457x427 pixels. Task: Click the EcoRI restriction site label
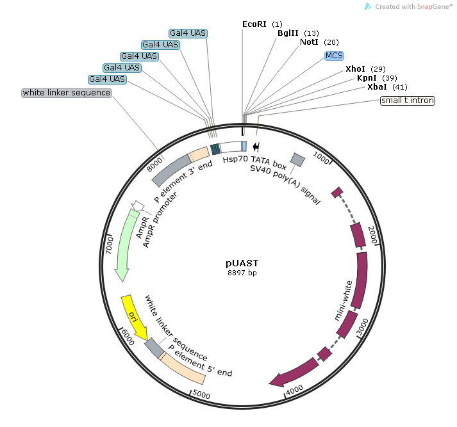(262, 24)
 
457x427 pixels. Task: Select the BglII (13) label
(298, 33)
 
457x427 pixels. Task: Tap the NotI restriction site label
(319, 42)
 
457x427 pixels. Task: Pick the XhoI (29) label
(365, 69)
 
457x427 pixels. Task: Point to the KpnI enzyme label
(377, 78)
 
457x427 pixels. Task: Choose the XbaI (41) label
(387, 87)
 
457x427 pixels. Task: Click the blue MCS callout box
(335, 56)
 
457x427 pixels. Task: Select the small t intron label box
(408, 101)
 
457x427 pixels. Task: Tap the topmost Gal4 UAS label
(188, 33)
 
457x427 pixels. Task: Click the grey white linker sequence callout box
(67, 93)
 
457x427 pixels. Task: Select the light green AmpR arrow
(125, 245)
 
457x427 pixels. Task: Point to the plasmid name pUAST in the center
(242, 263)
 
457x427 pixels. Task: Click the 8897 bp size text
(242, 273)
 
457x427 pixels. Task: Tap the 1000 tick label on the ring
(321, 157)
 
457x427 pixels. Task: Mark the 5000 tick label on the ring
(201, 394)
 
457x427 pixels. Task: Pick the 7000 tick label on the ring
(109, 245)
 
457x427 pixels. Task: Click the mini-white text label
(344, 301)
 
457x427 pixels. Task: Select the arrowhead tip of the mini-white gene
(269, 384)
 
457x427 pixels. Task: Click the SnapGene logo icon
(368, 6)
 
